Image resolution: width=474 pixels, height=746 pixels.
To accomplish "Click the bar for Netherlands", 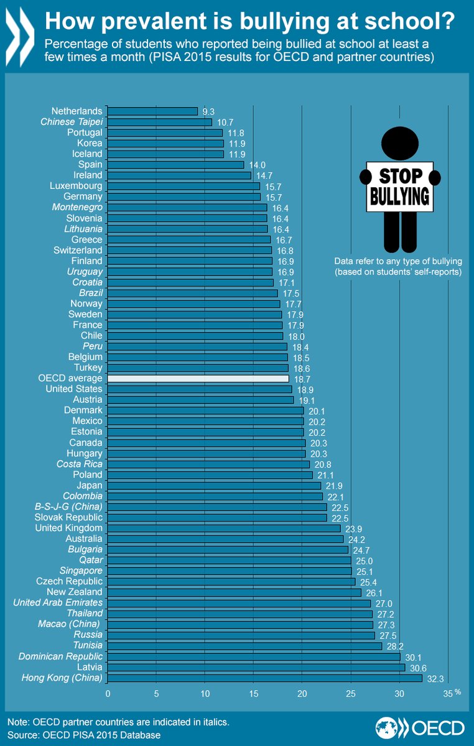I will point(152,111).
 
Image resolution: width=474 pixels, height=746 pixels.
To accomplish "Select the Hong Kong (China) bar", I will point(265,678).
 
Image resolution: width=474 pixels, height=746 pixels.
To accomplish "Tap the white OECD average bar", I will point(198,378).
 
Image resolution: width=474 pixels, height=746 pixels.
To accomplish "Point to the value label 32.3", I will point(435,678).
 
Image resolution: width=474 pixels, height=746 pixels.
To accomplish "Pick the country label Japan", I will point(90,486).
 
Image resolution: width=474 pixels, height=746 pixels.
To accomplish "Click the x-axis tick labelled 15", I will point(254,694).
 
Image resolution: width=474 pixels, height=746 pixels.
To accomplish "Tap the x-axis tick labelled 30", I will point(399,694).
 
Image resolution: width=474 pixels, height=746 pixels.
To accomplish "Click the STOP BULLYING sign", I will point(399,187).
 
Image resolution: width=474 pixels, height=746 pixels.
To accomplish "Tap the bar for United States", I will point(200,389).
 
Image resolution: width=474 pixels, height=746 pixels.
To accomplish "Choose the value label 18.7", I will point(302,379).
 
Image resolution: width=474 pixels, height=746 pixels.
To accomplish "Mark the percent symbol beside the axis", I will point(457,691).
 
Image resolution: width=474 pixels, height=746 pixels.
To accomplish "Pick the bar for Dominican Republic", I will point(254,656).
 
